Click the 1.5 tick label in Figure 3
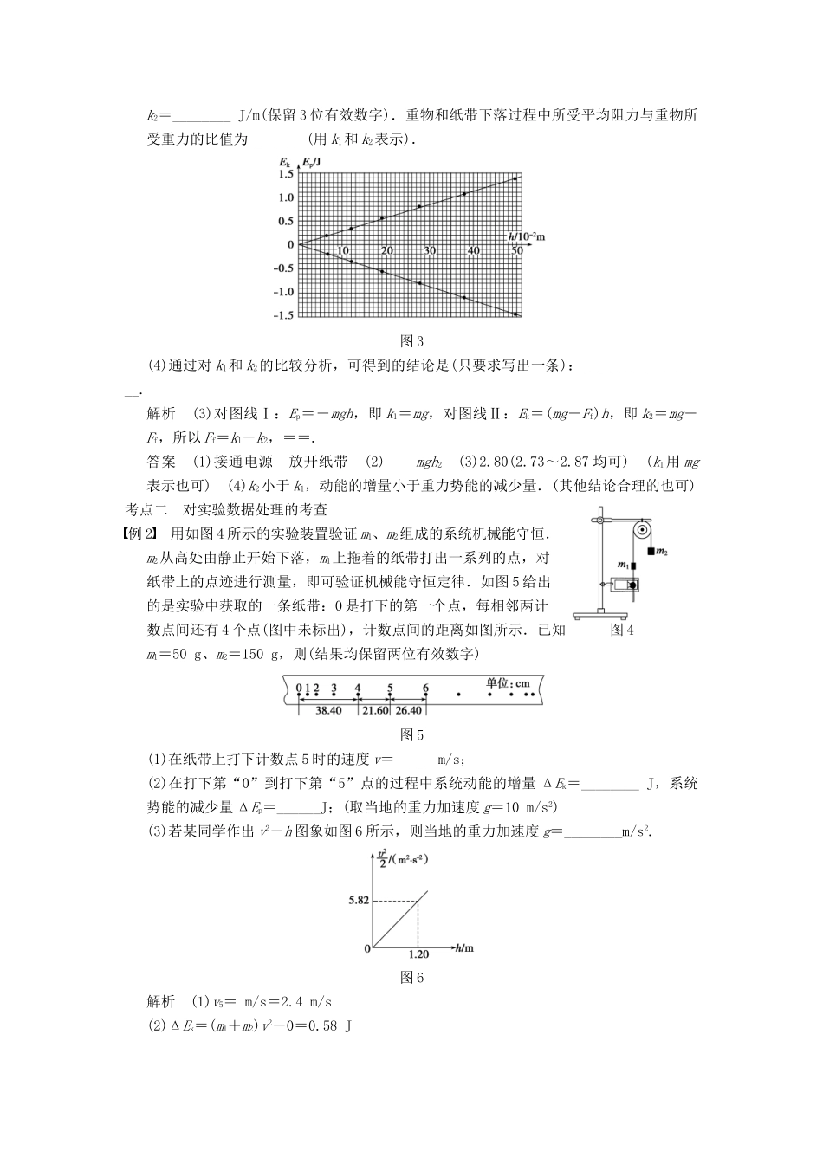[x=285, y=174]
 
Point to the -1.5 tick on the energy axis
[x=282, y=315]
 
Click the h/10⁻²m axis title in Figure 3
[x=532, y=236]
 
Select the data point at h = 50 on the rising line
[x=515, y=178]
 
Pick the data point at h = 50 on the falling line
[x=515, y=314]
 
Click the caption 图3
[x=411, y=341]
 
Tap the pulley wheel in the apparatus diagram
[x=641, y=530]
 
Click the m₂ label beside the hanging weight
[x=663, y=550]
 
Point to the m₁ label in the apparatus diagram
[x=622, y=565]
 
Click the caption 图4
[x=622, y=630]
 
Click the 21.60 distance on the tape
[x=375, y=710]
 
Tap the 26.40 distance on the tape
[x=408, y=710]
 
